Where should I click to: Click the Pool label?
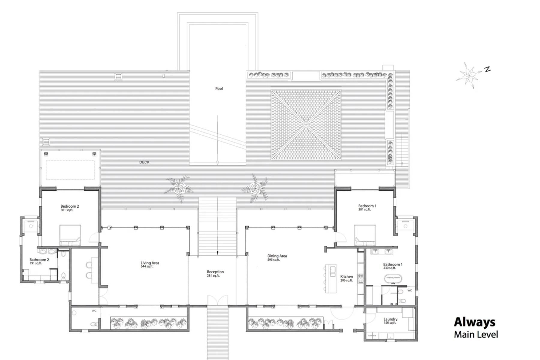[219, 88]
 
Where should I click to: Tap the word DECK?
[144, 162]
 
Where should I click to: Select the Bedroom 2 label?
[70, 206]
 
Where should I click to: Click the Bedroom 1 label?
[367, 206]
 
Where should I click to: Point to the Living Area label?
[150, 263]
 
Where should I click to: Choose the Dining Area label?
[277, 256]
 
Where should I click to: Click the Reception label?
[215, 272]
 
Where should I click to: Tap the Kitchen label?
[346, 277]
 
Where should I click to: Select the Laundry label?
[390, 319]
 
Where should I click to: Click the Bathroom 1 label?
[393, 265]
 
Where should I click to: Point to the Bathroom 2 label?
[39, 260]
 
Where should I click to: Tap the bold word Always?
[474, 322]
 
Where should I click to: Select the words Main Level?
[476, 334]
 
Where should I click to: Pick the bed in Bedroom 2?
[70, 235]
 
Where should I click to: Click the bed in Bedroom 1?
[365, 235]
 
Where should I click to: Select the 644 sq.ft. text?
[147, 267]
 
